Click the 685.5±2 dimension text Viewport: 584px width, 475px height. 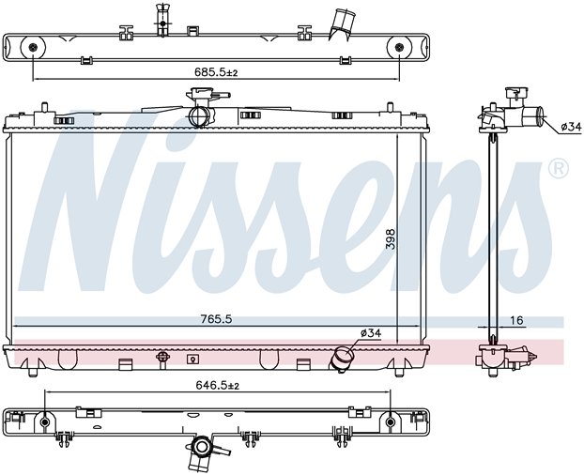[x=216, y=72]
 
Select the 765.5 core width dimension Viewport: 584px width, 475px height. [x=216, y=319]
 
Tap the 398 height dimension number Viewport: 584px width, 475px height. [x=391, y=238]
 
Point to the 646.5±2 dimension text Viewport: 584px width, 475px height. [x=218, y=386]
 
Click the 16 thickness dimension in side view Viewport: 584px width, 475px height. [x=516, y=320]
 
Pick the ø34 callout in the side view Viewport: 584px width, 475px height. [x=571, y=128]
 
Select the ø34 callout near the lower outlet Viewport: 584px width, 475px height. [x=371, y=333]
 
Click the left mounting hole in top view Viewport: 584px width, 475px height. [x=33, y=47]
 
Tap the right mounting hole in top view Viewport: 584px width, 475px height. [x=400, y=47]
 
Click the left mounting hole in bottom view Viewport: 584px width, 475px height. [x=45, y=422]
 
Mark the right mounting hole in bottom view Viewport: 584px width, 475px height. [x=391, y=422]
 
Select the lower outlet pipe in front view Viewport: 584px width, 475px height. [x=343, y=358]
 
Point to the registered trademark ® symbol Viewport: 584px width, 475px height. [x=559, y=168]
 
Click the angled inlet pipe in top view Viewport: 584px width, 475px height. [x=342, y=24]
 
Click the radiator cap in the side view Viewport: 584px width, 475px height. [x=516, y=93]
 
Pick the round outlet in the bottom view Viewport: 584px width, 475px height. [x=201, y=446]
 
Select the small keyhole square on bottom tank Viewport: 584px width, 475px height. [x=192, y=360]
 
